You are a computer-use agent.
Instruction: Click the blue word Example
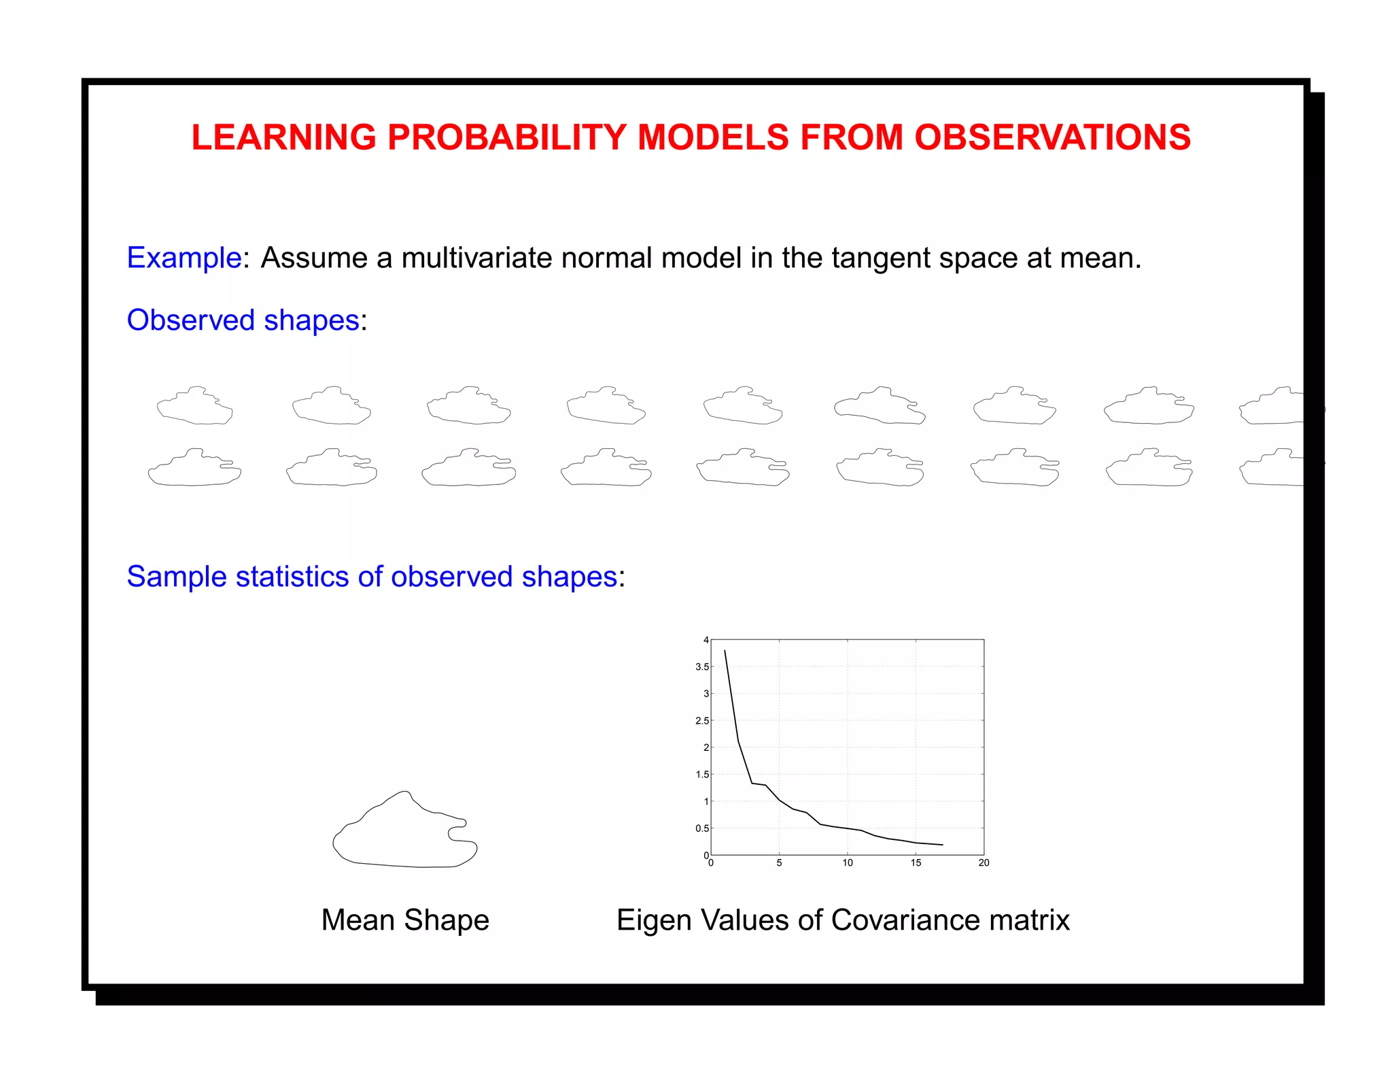point(184,258)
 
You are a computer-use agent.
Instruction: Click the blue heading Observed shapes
point(243,320)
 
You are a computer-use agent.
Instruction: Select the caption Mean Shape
point(405,920)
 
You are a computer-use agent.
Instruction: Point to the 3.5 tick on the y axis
point(702,667)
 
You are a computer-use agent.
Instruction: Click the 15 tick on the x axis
point(916,862)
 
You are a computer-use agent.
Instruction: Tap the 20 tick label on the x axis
point(984,862)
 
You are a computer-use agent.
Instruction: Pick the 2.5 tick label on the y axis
point(702,720)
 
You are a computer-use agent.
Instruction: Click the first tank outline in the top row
point(195,406)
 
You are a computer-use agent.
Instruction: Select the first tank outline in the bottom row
point(194,468)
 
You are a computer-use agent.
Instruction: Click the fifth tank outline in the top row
point(743,406)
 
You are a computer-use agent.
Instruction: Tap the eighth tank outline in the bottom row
point(1149,468)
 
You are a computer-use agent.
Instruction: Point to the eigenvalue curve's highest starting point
point(725,651)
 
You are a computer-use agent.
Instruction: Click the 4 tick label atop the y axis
point(706,640)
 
